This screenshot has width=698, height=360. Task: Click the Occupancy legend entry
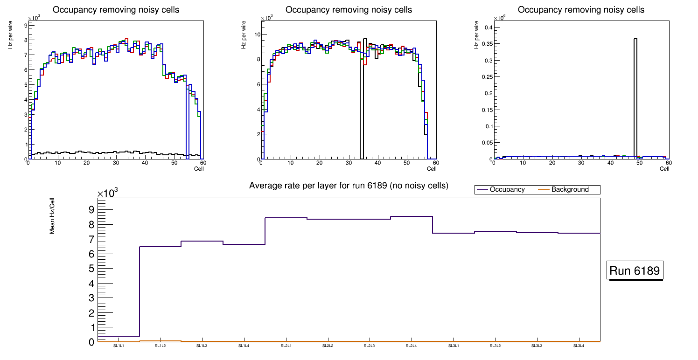(x=507, y=190)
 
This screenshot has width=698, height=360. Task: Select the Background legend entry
(x=570, y=190)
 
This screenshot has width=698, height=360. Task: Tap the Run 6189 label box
(x=635, y=271)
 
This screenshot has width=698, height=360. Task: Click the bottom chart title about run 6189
(x=349, y=186)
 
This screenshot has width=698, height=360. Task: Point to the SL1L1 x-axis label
(x=119, y=346)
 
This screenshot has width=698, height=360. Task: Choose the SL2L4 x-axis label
(x=412, y=346)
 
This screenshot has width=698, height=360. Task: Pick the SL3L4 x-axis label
(x=579, y=346)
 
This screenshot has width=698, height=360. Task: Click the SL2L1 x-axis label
(x=286, y=346)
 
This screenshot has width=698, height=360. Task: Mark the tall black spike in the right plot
(x=635, y=93)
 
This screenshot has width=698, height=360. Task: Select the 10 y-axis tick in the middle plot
(x=257, y=34)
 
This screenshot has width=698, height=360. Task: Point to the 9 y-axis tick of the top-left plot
(x=24, y=25)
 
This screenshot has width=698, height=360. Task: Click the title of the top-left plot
(x=116, y=10)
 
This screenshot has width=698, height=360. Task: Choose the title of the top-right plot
(x=581, y=10)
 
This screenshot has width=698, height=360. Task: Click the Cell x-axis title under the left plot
(x=199, y=168)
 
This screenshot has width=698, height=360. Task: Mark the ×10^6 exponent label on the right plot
(x=501, y=18)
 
